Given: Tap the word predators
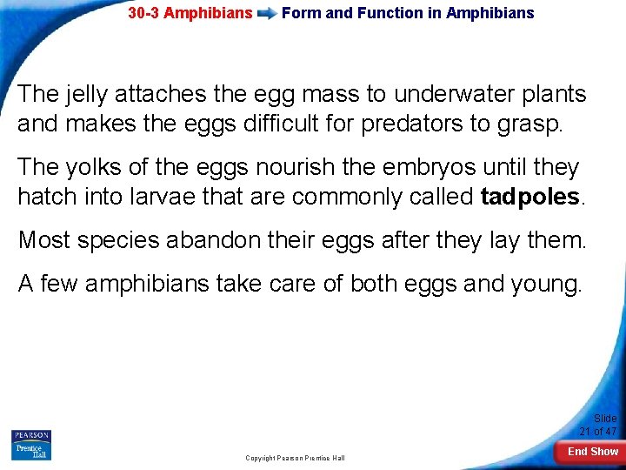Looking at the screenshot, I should (x=410, y=124).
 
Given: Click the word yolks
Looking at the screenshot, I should (x=101, y=166).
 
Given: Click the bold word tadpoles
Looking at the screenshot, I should (x=529, y=196).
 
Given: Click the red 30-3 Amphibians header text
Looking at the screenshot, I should (x=190, y=13).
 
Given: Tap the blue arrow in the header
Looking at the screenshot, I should (x=267, y=14).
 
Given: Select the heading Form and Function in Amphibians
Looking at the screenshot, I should (x=408, y=13).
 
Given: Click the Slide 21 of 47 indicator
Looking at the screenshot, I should (x=598, y=425).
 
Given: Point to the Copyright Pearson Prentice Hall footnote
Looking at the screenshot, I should (x=295, y=458).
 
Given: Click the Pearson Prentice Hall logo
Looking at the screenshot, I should (x=31, y=445).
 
